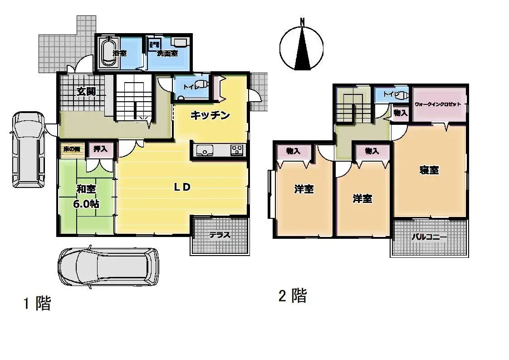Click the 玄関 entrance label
point(85,92)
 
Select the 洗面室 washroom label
point(167,53)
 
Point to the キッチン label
point(210,115)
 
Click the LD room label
point(182,187)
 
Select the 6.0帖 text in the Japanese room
point(86,203)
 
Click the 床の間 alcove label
point(71,149)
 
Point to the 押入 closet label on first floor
point(101,148)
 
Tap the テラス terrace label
point(220,235)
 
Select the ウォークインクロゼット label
point(438,104)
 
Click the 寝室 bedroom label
point(429,170)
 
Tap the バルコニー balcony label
point(429,237)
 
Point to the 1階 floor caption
point(37,303)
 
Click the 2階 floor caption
point(293,296)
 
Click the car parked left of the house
point(29,149)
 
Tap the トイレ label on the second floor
point(390,94)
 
